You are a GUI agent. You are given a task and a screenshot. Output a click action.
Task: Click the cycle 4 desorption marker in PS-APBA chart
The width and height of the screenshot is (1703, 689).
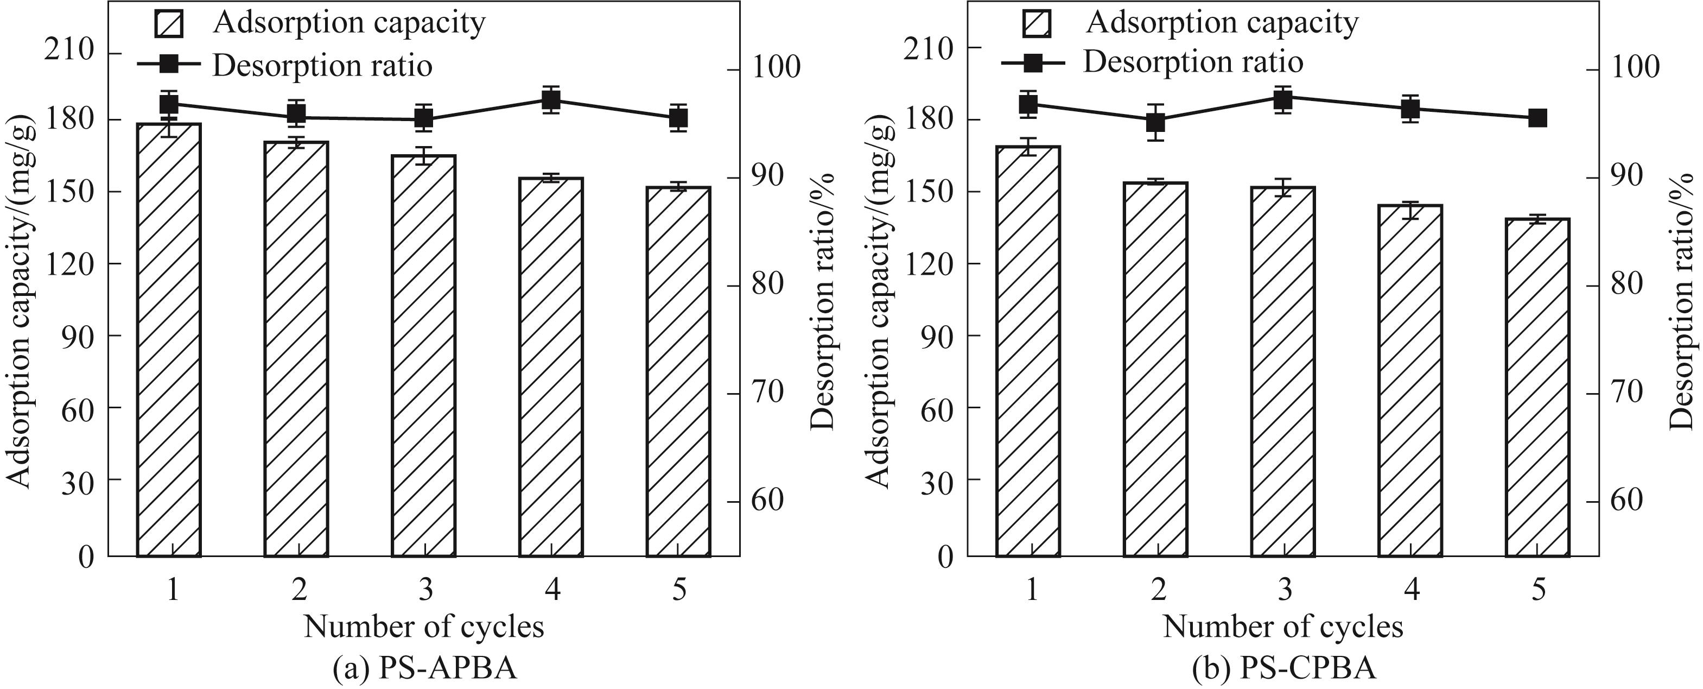pos(551,100)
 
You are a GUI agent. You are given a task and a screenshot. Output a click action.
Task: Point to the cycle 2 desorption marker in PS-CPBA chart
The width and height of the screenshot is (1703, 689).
pos(1155,122)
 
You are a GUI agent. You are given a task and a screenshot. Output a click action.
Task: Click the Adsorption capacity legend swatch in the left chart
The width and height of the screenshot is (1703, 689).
pos(169,24)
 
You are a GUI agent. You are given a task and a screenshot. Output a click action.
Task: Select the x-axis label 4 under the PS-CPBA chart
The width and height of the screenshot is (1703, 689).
pos(1412,589)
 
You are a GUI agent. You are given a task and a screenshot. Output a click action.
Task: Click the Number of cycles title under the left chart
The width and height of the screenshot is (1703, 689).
pos(424,626)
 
